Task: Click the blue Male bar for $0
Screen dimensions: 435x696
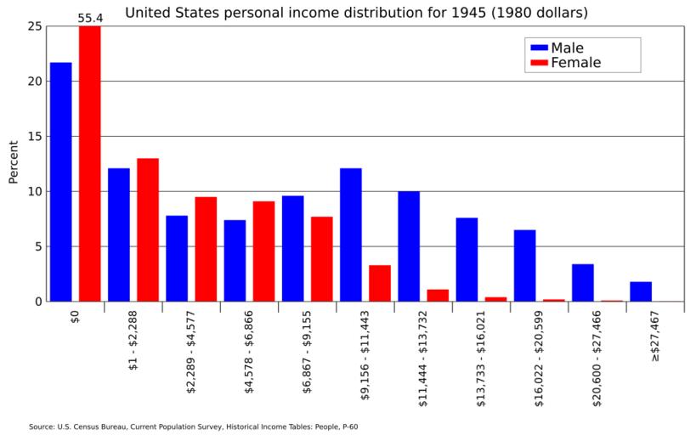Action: click(61, 182)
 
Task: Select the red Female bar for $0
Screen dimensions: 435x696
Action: click(90, 163)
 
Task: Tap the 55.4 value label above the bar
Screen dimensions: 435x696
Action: click(90, 17)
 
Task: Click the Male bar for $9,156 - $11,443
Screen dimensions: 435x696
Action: click(351, 234)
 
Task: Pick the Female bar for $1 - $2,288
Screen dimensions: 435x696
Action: click(148, 229)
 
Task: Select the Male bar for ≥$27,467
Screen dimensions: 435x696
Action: click(641, 291)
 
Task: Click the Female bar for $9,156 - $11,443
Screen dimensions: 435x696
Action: click(380, 283)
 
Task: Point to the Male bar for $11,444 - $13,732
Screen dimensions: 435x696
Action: click(409, 246)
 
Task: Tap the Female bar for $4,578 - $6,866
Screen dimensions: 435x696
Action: click(263, 251)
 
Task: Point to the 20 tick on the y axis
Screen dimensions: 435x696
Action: click(34, 82)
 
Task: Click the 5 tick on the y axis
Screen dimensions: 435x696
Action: click(37, 246)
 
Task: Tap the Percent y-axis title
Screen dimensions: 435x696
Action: click(14, 161)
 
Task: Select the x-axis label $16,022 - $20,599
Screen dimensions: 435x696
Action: click(540, 348)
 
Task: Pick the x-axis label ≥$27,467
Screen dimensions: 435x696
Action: click(655, 336)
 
